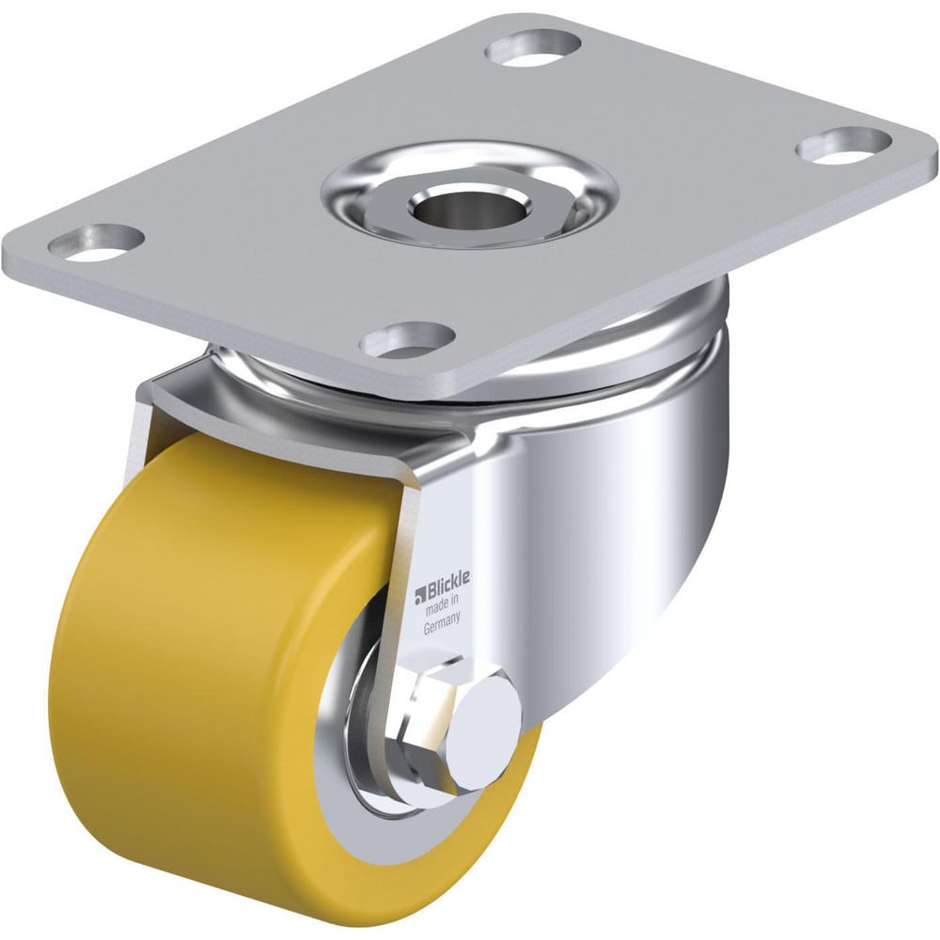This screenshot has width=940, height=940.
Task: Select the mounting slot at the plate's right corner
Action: coord(843,144)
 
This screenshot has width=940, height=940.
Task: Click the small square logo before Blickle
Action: coord(420,593)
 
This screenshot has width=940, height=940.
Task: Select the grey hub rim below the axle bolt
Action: coord(414,827)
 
